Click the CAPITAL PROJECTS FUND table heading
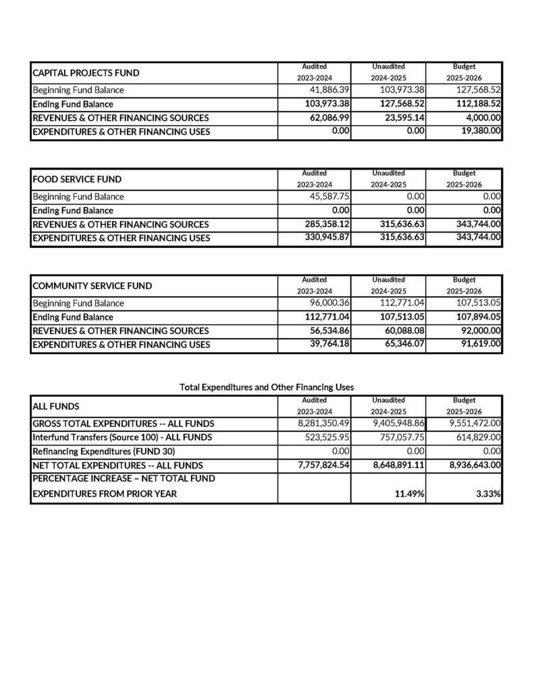point(86,72)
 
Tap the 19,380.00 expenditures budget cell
point(479,131)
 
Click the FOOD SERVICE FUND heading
point(77,179)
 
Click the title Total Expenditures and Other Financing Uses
point(267,387)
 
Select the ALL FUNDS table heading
point(56,406)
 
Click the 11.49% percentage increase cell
point(410,494)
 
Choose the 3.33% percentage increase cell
point(487,494)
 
